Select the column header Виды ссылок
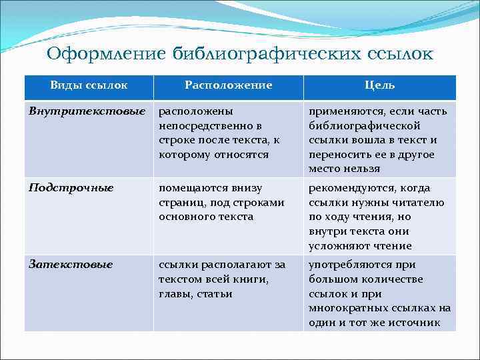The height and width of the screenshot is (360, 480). [89, 85]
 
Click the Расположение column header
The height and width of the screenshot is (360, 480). [228, 85]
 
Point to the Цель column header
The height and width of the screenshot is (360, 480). [379, 85]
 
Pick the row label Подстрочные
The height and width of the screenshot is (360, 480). [71, 188]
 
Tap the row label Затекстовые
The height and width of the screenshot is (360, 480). [71, 265]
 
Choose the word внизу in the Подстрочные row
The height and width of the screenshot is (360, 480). [247, 188]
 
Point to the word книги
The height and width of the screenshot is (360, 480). [253, 279]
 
